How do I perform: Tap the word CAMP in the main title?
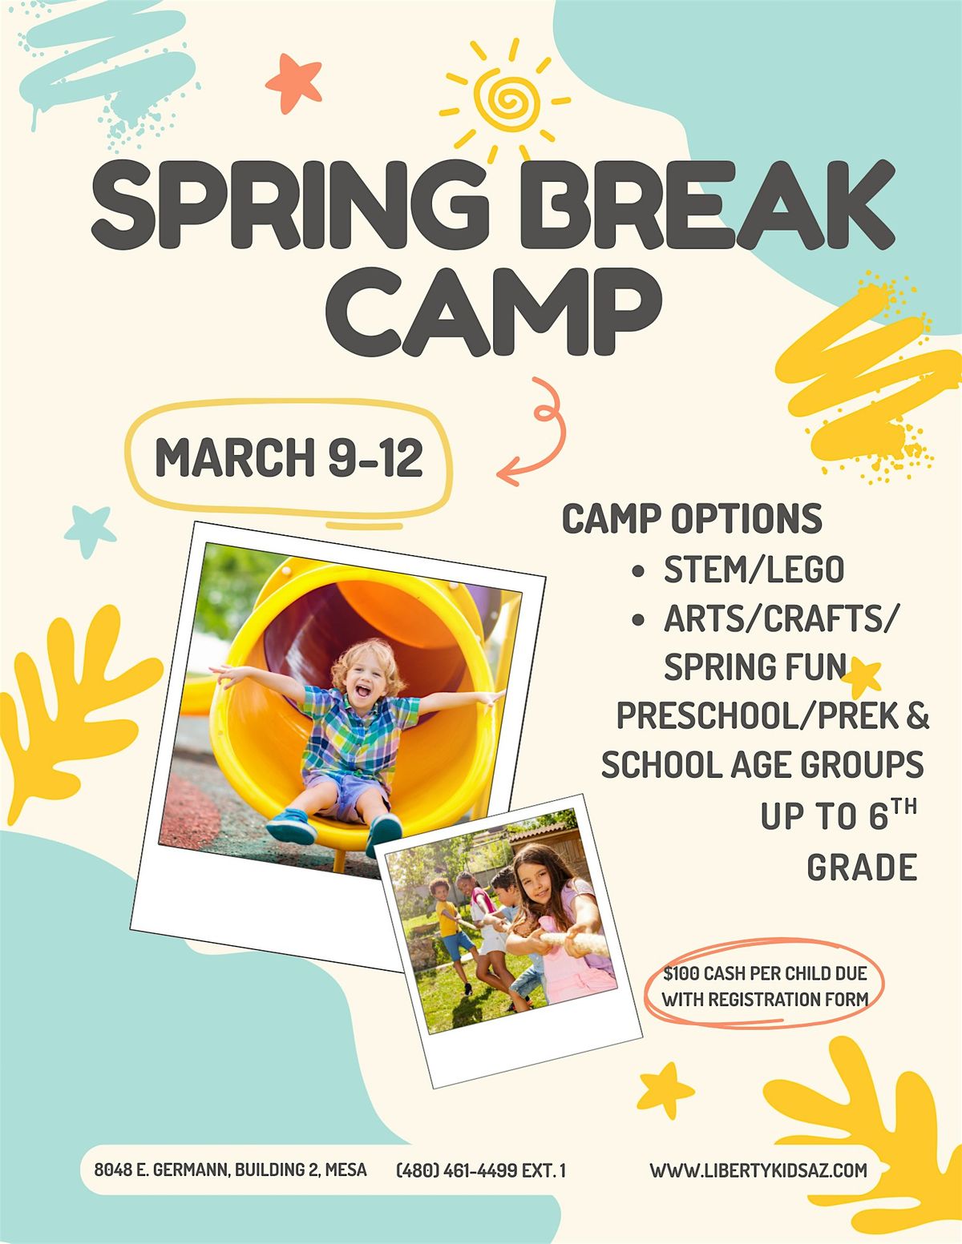(x=495, y=312)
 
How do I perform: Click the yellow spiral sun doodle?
(x=505, y=101)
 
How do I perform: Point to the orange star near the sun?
(x=294, y=83)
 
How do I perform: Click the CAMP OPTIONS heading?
(x=692, y=519)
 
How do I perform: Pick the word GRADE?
(x=863, y=868)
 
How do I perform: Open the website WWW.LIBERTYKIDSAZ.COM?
(x=758, y=1170)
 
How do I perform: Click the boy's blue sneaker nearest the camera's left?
(x=290, y=826)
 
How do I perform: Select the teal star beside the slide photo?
(x=89, y=530)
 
